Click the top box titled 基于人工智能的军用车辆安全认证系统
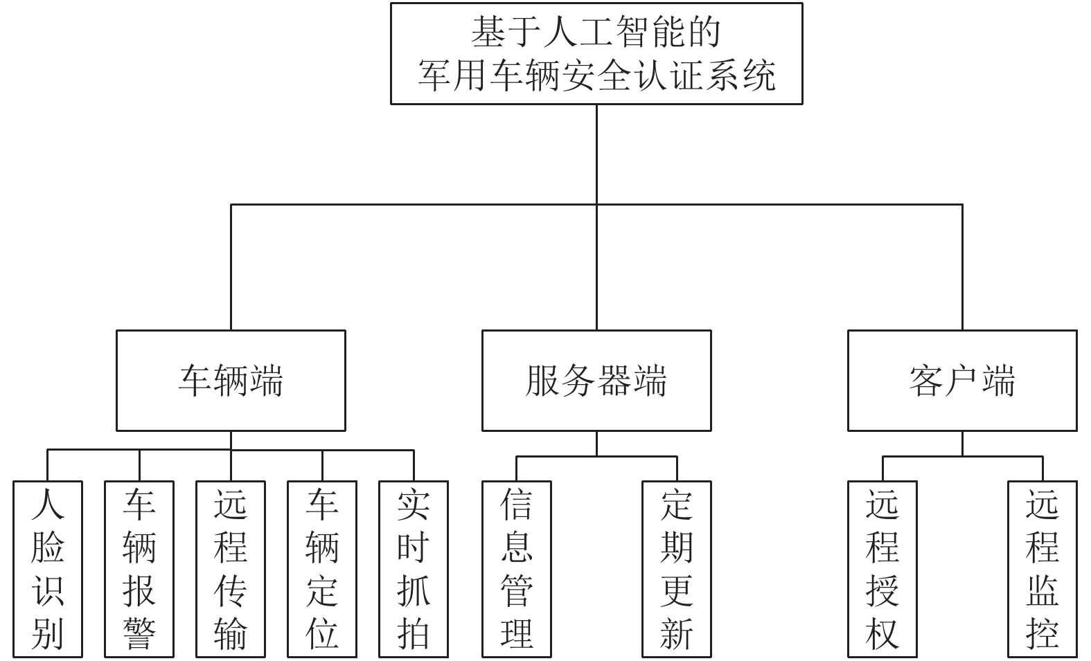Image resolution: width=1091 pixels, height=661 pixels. tap(596, 53)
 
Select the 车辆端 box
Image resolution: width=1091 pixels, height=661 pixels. tap(231, 381)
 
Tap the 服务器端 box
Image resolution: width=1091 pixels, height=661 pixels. tap(596, 381)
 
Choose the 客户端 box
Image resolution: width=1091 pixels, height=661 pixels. tap(962, 381)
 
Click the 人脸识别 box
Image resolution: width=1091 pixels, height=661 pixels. tap(48, 569)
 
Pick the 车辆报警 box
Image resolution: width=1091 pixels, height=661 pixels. tap(139, 569)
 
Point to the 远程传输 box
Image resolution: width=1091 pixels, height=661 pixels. tap(231, 569)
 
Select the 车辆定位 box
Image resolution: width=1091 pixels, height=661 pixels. tap(322, 569)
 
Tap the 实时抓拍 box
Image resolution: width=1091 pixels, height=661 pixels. tap(414, 569)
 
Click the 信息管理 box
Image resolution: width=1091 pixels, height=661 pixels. tap(517, 569)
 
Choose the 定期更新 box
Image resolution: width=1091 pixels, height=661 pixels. tap(677, 569)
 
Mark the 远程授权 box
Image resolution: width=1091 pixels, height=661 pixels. tap(882, 569)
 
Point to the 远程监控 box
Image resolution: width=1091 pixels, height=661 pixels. tap(1043, 569)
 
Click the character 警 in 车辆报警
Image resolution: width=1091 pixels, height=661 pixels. tap(139, 634)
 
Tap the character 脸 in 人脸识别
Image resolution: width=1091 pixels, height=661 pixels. tap(48, 547)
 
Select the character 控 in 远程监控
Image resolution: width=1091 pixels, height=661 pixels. tap(1043, 634)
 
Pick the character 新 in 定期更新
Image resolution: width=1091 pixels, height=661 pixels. tap(677, 634)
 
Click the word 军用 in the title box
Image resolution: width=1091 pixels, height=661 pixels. tap(453, 76)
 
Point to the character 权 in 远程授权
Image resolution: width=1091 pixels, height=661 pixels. tap(882, 634)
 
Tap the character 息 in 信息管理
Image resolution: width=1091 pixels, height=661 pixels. tap(517, 547)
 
